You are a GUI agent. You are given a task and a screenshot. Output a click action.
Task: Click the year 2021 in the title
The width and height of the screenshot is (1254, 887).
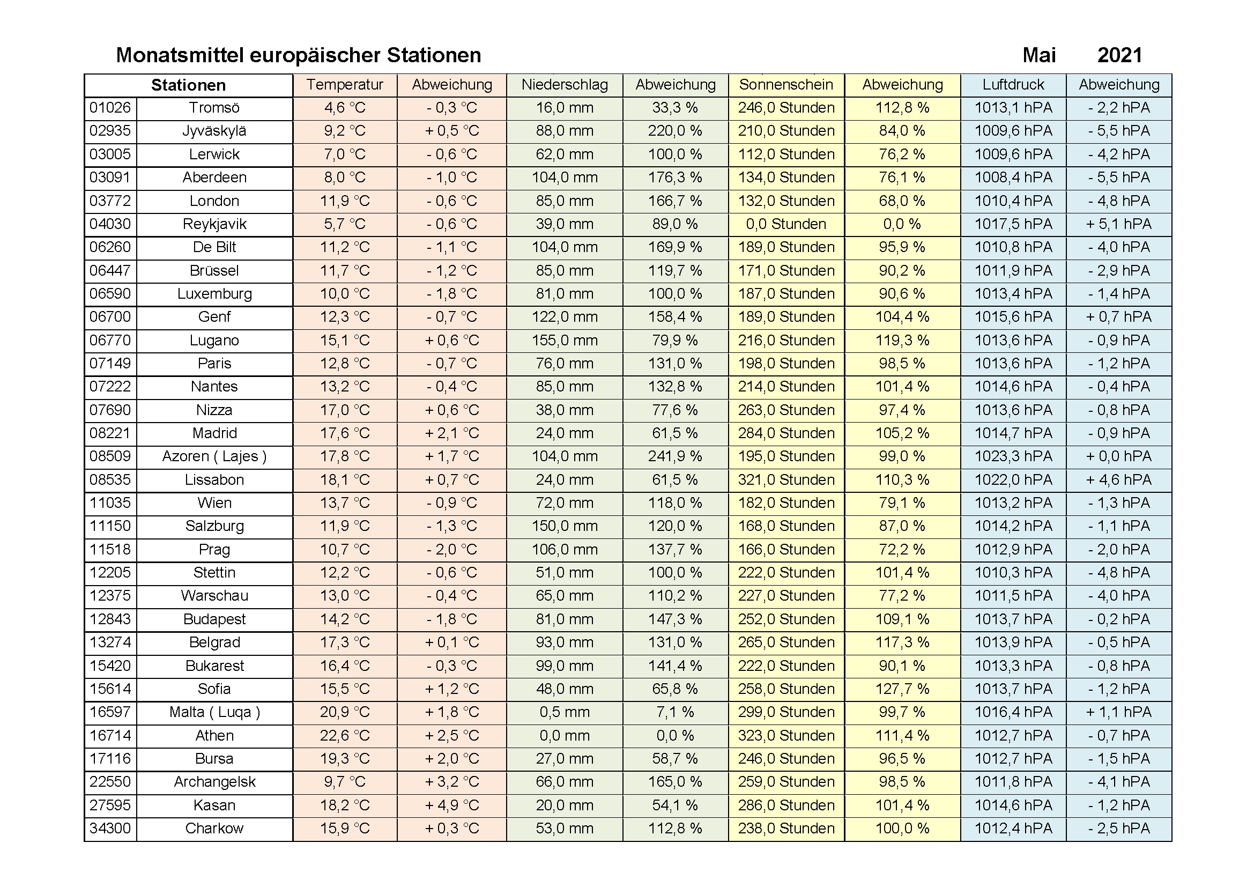(1119, 55)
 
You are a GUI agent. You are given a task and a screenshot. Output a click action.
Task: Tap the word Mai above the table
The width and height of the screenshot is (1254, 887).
(1039, 55)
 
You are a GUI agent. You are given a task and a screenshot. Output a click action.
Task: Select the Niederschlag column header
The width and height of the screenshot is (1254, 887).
(564, 85)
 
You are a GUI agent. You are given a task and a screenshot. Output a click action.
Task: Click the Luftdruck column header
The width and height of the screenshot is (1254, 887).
(1013, 85)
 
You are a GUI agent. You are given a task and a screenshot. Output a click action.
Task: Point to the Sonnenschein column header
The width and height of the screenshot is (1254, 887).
(786, 85)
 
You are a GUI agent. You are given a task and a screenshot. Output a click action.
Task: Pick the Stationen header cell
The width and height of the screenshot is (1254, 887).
(188, 85)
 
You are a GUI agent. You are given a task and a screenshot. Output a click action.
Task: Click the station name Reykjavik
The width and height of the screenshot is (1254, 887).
(214, 224)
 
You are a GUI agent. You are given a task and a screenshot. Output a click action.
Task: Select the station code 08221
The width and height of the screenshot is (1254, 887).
(110, 433)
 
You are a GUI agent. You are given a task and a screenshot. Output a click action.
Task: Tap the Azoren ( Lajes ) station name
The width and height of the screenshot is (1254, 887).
(214, 456)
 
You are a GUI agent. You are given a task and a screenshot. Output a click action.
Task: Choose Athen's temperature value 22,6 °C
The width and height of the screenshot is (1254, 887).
(345, 736)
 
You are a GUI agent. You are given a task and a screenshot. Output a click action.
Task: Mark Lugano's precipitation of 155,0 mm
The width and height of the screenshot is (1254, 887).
(564, 341)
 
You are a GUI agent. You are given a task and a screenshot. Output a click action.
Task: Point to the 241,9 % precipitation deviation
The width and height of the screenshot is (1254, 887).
(675, 456)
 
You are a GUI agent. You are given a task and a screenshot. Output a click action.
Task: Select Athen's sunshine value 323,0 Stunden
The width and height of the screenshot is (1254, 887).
(786, 736)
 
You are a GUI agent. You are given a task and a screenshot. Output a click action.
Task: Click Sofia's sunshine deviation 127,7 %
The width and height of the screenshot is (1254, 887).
(902, 689)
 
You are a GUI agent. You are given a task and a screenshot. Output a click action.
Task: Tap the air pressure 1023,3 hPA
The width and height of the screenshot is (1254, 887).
(1013, 456)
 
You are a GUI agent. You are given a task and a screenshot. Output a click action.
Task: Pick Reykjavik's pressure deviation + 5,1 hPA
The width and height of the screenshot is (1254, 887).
(1118, 224)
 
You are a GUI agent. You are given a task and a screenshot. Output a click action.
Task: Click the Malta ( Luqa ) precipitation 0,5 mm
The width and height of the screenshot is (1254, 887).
(564, 712)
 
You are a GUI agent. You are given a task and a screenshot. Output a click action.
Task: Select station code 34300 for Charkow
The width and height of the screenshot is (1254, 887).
(110, 829)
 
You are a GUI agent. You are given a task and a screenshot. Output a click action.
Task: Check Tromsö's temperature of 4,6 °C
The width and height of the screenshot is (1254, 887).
(345, 108)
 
